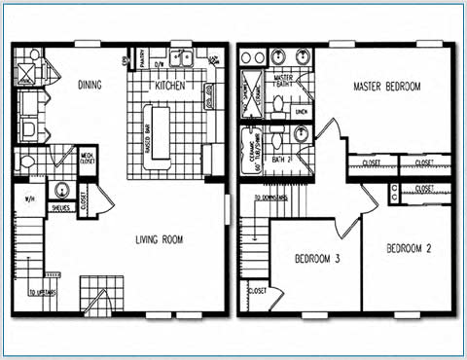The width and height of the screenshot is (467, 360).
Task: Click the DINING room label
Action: [90, 86]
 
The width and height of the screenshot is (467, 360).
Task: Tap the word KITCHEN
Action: [169, 87]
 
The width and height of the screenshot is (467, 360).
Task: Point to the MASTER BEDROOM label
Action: [386, 88]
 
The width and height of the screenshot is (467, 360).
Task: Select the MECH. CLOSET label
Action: [87, 159]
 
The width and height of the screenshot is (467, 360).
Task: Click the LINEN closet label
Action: [301, 111]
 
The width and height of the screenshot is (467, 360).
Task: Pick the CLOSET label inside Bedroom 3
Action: [258, 290]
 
